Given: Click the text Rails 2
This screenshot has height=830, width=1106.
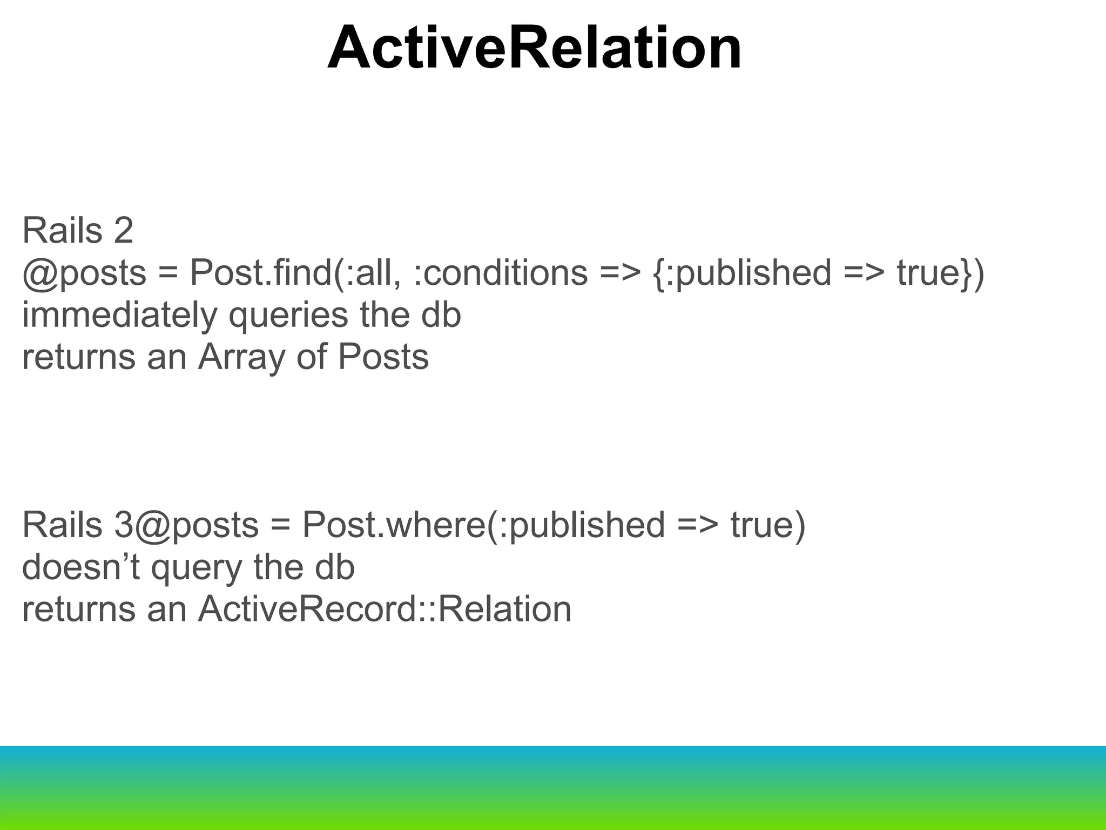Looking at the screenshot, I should (78, 231).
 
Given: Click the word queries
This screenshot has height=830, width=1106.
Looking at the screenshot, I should (288, 315).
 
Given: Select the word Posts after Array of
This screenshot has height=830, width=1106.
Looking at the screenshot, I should (383, 357).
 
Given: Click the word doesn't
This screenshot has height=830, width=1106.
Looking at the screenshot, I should (80, 567).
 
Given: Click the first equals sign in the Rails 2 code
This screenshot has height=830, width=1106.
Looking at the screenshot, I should (168, 273).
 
